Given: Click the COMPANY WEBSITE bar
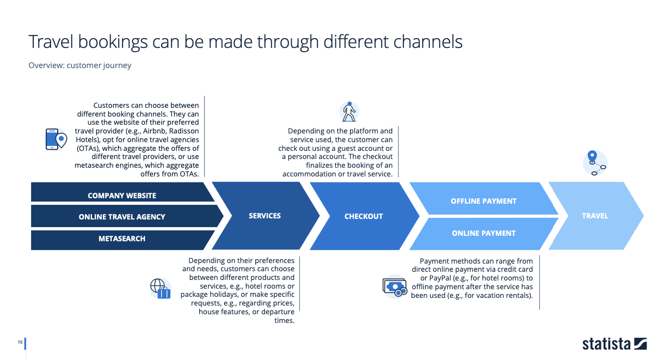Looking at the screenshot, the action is coord(122,192).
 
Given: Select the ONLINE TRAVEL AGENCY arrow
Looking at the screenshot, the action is coord(126,216).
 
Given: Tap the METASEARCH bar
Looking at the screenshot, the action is coord(122,240).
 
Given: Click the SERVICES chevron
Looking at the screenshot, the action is coord(265,216).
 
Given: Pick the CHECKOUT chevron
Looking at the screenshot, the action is coord(364,216).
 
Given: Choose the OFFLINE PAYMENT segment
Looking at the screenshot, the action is coord(483,198).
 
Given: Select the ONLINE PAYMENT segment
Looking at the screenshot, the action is coord(483,234).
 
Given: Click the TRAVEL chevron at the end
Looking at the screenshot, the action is coord(595,216).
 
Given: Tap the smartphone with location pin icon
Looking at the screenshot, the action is coord(56,139).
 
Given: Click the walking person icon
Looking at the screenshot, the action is coord(349,112).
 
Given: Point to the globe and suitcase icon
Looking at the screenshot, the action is coord(161,289).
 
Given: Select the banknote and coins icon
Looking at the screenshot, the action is coord(395,287).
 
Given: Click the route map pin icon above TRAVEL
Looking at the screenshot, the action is coord(595,163).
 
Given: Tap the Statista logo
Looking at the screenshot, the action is coord(614,344).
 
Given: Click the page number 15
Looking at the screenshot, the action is coord(20,342).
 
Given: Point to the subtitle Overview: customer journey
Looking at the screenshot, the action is coord(80,65).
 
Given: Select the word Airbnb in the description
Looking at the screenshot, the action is coord(154,131).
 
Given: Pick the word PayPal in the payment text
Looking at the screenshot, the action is coord(440,278).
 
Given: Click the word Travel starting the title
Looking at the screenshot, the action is coord(51,41).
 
